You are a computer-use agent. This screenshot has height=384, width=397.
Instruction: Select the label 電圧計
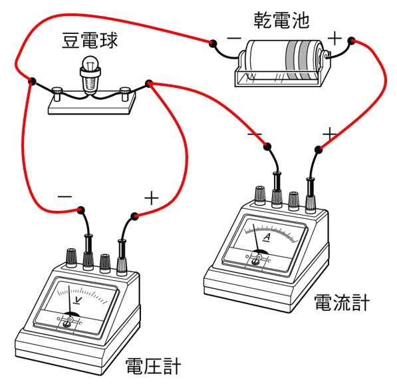152,367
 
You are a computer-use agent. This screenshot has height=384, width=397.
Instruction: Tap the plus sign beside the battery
334,38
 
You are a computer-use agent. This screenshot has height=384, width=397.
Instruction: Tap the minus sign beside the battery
233,39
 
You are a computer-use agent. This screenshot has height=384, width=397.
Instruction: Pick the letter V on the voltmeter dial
78,299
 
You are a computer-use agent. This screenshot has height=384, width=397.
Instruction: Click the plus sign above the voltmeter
152,198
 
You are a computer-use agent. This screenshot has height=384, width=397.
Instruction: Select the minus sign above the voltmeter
65,198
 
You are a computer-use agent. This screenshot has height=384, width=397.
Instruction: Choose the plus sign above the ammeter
329,135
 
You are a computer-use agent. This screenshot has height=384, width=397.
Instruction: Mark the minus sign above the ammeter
255,135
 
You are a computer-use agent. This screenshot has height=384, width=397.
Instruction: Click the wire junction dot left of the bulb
31,82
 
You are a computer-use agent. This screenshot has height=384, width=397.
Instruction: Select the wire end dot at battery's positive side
350,42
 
